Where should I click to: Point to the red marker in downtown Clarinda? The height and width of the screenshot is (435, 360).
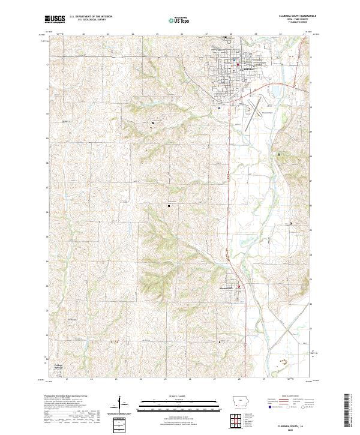pos(238,65)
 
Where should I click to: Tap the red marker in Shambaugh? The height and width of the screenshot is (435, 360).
pos(239,286)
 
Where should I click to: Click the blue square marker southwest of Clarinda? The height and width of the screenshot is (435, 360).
pos(220,108)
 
